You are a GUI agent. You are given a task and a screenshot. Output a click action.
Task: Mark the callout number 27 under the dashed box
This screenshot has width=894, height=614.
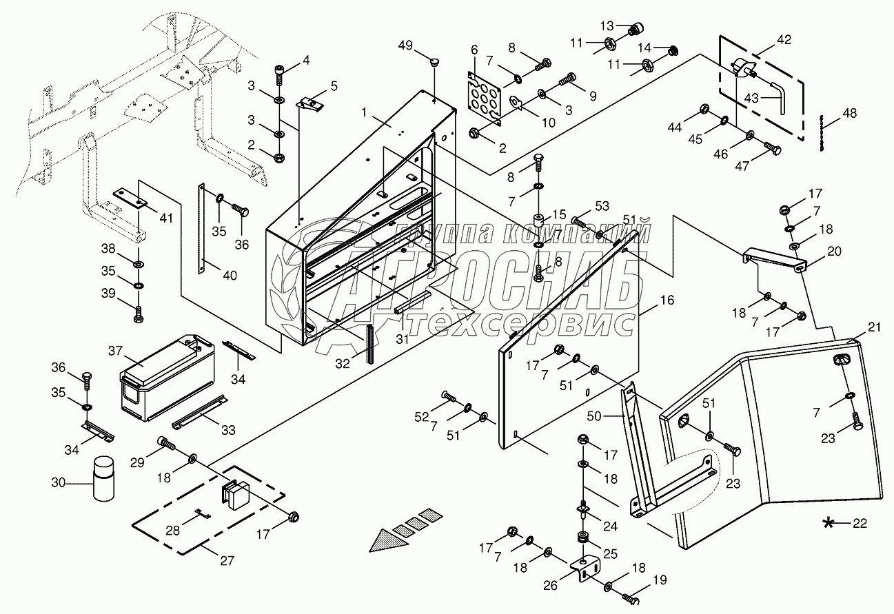pyautogui.click(x=227, y=561)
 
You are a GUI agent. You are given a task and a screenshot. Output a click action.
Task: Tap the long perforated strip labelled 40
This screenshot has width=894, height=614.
pyautogui.click(x=202, y=228)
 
